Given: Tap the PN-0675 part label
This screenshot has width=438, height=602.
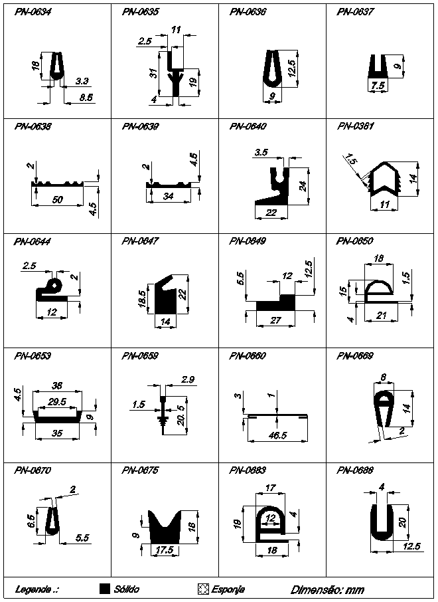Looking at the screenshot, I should pos(139,470).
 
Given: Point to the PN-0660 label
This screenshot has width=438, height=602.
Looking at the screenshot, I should pos(247,355).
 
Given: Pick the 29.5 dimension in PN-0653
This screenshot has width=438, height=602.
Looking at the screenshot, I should pos(58,401).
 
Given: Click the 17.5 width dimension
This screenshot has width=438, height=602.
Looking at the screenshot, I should pos(163,550).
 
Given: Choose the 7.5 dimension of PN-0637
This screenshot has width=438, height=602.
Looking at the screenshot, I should pos(378,86).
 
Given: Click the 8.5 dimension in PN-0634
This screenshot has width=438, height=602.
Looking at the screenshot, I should pos(85,97).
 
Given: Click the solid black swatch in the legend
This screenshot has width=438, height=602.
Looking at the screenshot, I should pos(104,589).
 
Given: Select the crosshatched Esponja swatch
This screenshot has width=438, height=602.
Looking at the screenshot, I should pos(204,589).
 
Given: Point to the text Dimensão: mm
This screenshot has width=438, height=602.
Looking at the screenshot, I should pos(327,589).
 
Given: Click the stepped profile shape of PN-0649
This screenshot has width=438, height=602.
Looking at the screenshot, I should pos(278,303).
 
